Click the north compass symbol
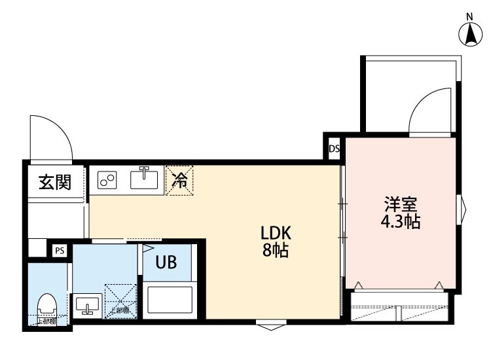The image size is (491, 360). [x=471, y=34]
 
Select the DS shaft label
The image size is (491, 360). [x=334, y=149]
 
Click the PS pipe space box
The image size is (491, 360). [x=60, y=250]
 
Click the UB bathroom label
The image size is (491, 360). [x=166, y=263]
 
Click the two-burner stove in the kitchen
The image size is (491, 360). [x=107, y=179]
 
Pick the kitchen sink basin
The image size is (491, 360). [x=146, y=178]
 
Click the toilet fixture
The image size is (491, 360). [x=46, y=306]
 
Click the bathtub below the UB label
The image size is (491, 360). [x=169, y=299]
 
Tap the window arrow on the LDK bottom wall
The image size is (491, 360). [x=270, y=323]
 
